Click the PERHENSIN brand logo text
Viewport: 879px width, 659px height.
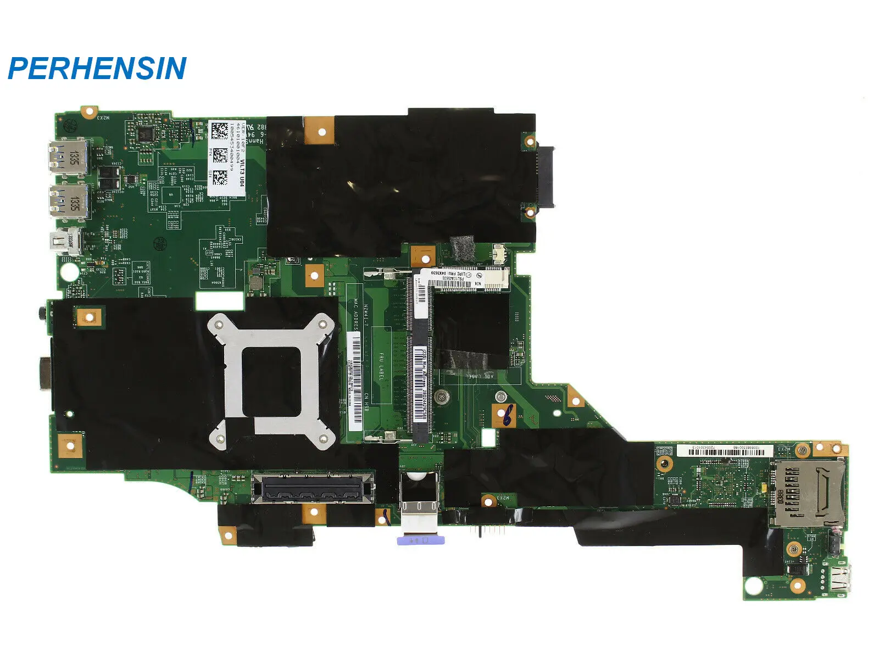tap(97, 69)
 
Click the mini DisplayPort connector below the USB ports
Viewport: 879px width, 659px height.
tap(69, 242)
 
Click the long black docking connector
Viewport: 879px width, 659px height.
tap(313, 488)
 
